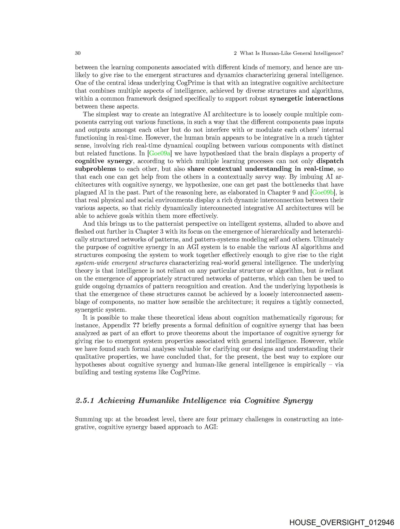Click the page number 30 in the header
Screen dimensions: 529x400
(x=78, y=53)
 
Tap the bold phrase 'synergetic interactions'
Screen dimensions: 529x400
(x=307, y=98)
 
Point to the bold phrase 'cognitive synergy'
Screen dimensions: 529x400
(x=104, y=161)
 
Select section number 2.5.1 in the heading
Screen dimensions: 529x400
(x=85, y=400)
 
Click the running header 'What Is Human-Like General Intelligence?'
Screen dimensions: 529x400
(x=292, y=53)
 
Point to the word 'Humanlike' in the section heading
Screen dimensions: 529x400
(x=158, y=400)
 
